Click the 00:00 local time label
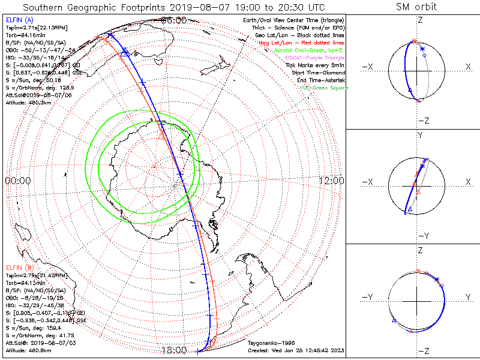pos(17,180)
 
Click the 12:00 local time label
pos(331,180)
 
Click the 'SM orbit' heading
pos(416,7)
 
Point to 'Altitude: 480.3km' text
pos(30,103)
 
